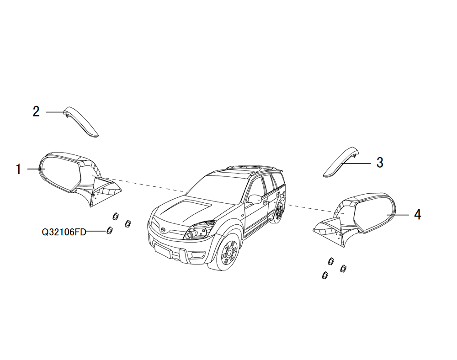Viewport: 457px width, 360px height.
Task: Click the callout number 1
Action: (18, 169)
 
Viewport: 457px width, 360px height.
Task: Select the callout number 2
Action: (36, 111)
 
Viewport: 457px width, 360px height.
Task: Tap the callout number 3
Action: (379, 163)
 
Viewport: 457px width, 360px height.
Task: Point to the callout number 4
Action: (417, 215)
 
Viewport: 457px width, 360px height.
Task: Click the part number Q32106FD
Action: (64, 232)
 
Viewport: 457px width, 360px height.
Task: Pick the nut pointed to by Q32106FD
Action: (109, 230)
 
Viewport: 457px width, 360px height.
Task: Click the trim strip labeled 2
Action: (82, 121)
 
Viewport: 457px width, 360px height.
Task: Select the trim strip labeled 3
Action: (341, 162)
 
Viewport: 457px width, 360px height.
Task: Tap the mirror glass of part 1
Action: (60, 173)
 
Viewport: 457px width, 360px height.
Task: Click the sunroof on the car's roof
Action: (241, 169)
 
